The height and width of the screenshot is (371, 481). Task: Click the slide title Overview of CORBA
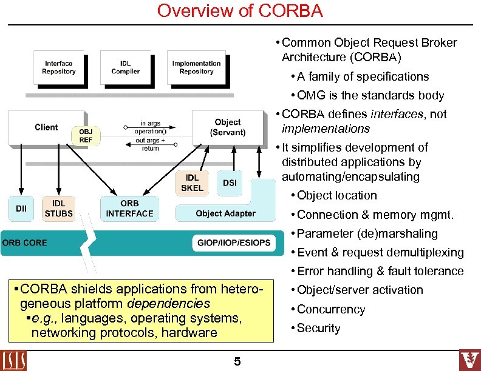coord(240,11)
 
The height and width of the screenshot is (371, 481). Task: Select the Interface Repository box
coord(59,68)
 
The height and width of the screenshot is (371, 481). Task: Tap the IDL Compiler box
coord(125,68)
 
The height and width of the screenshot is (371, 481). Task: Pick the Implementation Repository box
coord(196,68)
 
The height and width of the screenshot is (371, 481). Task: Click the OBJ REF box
coord(86,135)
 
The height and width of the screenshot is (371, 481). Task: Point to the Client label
coord(46,127)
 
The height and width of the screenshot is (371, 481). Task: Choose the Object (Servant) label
coord(227,127)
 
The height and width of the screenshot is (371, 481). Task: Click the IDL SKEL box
coord(192,182)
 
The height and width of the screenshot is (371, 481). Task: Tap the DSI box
coord(230,182)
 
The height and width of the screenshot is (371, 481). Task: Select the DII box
coord(21,209)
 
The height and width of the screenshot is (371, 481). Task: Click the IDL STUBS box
coord(59,208)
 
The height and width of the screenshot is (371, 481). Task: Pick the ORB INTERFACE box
coord(129,208)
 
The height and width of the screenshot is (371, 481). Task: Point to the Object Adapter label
coord(225,213)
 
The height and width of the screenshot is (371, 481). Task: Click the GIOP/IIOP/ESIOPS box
coord(233,243)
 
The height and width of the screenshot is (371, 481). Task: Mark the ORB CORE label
coord(25,242)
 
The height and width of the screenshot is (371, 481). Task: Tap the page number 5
coord(237,362)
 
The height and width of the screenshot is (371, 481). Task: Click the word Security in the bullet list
coord(318,328)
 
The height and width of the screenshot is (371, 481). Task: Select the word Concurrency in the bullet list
coord(331,309)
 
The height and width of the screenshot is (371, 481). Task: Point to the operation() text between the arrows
coord(150,132)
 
